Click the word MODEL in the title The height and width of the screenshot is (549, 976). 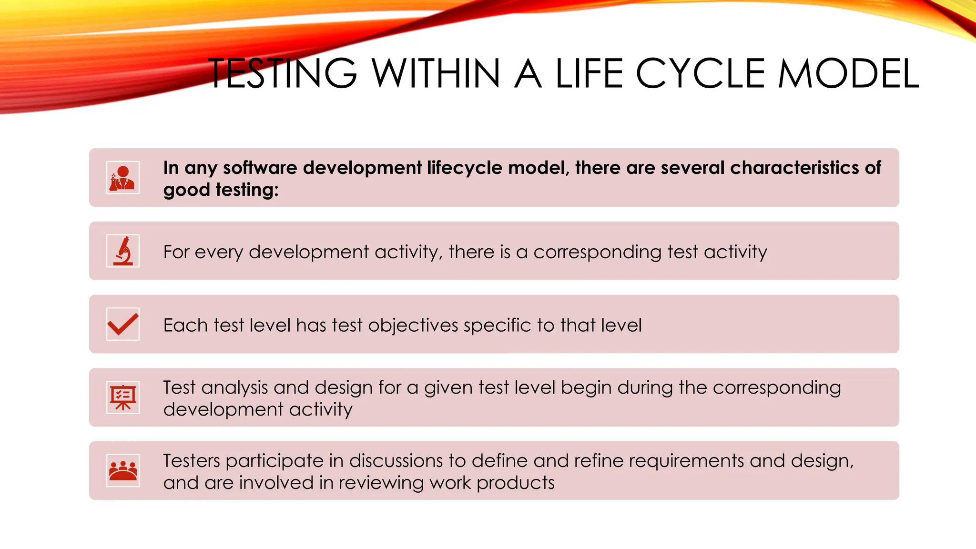(848, 74)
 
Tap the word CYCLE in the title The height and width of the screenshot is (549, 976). (700, 74)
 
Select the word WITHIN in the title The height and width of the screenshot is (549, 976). (436, 74)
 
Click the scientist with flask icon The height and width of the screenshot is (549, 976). (123, 178)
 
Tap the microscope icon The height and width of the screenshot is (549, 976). (123, 251)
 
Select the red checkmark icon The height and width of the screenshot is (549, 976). (123, 324)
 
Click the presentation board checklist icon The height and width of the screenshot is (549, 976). (123, 397)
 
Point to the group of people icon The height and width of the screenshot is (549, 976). (123, 470)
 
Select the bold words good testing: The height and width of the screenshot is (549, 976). (221, 190)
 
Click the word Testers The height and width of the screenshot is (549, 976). (191, 461)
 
